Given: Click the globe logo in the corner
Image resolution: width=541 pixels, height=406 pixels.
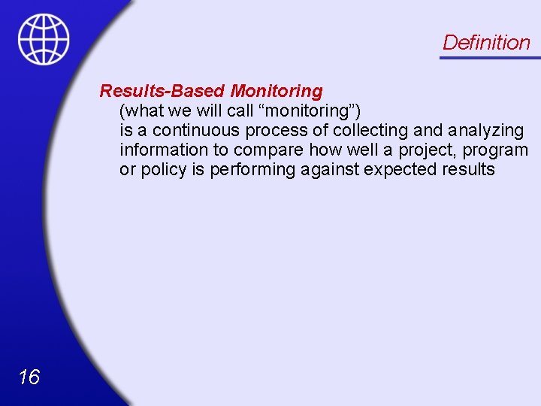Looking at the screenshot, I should tap(44, 39).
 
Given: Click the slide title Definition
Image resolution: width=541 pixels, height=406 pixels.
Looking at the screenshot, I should tap(486, 43).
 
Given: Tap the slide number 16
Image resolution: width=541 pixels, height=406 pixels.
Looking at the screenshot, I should tap(29, 377).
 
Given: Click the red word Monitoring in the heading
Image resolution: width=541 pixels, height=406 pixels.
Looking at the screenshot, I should tap(276, 92).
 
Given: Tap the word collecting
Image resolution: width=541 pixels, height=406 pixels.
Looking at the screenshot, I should tap(373, 131).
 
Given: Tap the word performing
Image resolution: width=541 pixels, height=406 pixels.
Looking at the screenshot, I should tap(252, 170).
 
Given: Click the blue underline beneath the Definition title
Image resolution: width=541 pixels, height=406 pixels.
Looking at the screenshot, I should tap(489, 58).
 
